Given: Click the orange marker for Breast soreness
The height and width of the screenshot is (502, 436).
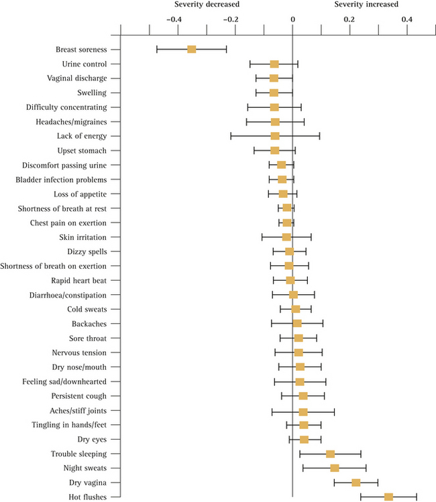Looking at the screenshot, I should (192, 50).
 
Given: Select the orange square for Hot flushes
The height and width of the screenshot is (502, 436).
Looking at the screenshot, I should (388, 497).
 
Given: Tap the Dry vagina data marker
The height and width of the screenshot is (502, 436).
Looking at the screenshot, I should (356, 483).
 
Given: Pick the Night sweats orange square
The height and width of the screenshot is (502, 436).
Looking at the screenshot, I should (335, 468).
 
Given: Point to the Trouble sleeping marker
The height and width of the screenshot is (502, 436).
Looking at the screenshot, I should (330, 454).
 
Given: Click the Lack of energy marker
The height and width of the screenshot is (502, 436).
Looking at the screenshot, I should (275, 136).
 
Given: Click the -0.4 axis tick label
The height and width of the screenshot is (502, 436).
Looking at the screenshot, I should (173, 20).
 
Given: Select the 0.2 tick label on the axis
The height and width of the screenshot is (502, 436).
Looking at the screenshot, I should (349, 20).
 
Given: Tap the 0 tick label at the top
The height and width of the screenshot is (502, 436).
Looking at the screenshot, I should (292, 20).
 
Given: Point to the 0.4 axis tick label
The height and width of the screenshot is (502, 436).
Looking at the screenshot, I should (407, 20).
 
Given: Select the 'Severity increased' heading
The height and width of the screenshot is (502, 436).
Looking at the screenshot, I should (366, 5).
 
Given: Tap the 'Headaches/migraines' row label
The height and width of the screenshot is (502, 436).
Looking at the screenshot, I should (76, 122).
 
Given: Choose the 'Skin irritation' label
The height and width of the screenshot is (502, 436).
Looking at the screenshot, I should (83, 237).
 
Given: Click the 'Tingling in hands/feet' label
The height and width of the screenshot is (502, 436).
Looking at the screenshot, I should (70, 425).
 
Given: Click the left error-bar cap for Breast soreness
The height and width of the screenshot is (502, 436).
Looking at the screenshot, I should (157, 50).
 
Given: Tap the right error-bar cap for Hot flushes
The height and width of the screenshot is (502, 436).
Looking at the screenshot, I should (417, 497).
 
